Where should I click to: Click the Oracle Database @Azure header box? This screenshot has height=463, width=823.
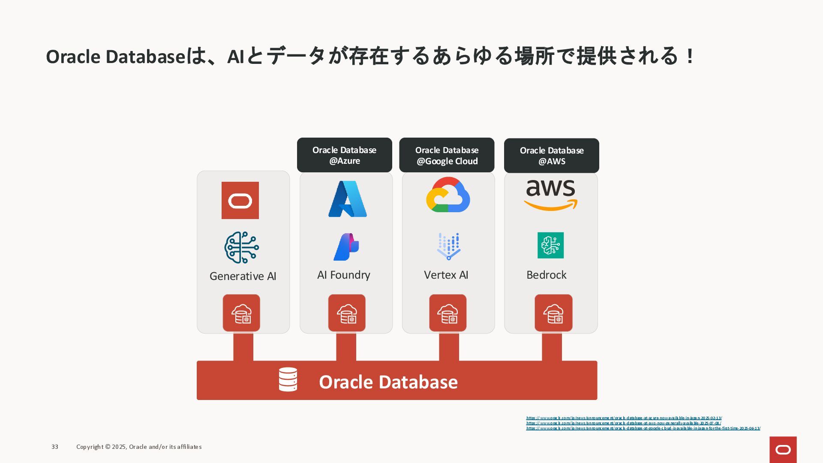(344, 155)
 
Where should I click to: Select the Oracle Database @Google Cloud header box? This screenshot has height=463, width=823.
(447, 155)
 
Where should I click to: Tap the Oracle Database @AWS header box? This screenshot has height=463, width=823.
(551, 156)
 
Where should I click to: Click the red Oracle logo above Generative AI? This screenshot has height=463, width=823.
(240, 200)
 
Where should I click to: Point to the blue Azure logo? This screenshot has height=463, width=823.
(347, 199)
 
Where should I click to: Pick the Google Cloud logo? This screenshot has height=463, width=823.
(448, 195)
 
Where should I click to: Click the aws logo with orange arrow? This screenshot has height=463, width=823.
(551, 195)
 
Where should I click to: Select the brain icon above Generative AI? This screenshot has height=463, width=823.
(241, 247)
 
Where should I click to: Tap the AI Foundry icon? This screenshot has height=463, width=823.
(346, 247)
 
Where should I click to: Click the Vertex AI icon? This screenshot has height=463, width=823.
(448, 247)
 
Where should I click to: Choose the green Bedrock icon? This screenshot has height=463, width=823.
(550, 245)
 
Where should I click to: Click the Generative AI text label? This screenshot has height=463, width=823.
(243, 276)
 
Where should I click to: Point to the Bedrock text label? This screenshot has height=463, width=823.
(546, 275)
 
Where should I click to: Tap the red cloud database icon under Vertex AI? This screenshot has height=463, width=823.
(448, 313)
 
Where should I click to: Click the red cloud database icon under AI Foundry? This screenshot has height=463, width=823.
(347, 313)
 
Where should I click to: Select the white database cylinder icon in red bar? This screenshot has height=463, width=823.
(288, 379)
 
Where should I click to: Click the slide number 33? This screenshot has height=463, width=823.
(55, 447)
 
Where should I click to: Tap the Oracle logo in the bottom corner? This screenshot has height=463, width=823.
(783, 450)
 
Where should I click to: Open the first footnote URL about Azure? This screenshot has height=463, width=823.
(624, 418)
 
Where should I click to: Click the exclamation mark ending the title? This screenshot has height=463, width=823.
(690, 56)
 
